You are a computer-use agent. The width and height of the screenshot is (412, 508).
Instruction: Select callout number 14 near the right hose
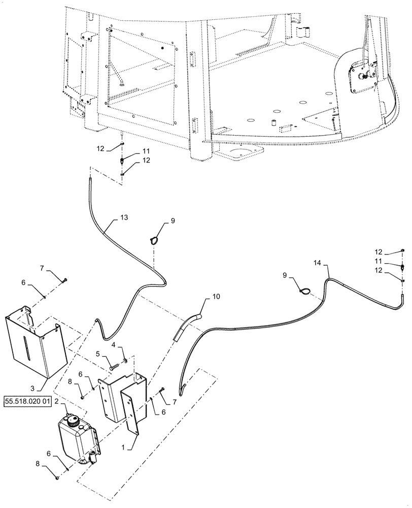click(318, 263)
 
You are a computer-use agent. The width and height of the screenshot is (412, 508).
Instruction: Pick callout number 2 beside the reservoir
click(57, 401)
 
